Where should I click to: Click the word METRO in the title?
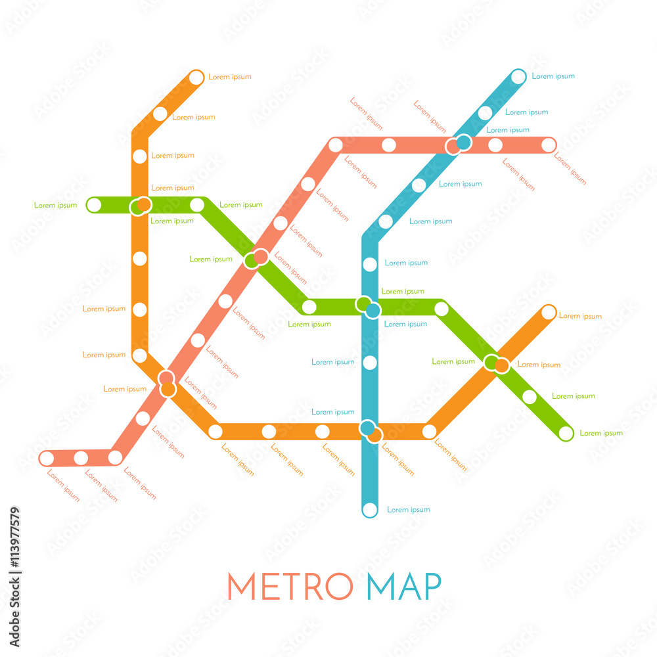[290, 586]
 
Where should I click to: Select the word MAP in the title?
[403, 586]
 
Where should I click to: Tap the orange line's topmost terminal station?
[196, 78]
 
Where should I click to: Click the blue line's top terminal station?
[518, 77]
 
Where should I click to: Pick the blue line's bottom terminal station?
[370, 509]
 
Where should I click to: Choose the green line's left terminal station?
[95, 205]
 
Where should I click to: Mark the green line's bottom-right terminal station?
[566, 433]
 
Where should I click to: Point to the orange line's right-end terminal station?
[548, 312]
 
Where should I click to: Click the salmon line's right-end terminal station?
[549, 145]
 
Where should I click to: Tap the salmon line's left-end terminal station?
[47, 458]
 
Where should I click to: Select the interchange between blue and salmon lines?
[459, 144]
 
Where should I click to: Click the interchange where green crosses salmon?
[256, 258]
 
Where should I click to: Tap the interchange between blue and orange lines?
[371, 431]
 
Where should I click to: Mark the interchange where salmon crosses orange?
[167, 383]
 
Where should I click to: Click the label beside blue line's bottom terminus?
[409, 510]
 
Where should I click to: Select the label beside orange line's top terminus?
[230, 77]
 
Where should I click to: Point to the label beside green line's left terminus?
[56, 206]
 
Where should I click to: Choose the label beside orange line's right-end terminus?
[580, 316]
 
